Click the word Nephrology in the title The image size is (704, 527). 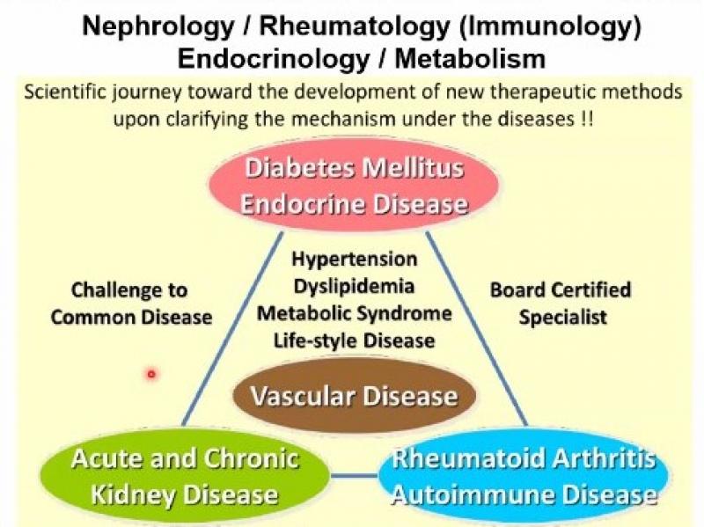(158, 27)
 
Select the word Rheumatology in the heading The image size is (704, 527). (355, 27)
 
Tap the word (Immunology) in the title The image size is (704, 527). (551, 27)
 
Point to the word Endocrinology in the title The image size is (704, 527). (274, 59)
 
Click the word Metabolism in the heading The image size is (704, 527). (470, 59)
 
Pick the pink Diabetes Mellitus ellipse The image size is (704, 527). (354, 186)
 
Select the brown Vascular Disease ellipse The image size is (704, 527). (355, 396)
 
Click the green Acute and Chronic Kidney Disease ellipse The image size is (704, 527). (185, 477)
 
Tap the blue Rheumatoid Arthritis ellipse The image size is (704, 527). (524, 477)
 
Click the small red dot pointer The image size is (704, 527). (151, 374)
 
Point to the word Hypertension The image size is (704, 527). (355, 260)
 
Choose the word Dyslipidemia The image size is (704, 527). (354, 287)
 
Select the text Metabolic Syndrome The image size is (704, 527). (355, 313)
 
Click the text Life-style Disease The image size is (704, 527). (355, 340)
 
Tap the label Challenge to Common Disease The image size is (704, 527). (131, 304)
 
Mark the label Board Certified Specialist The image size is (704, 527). (561, 304)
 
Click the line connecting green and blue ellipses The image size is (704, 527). (354, 476)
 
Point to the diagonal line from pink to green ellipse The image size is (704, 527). (232, 328)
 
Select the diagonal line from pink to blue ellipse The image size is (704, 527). (476, 328)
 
